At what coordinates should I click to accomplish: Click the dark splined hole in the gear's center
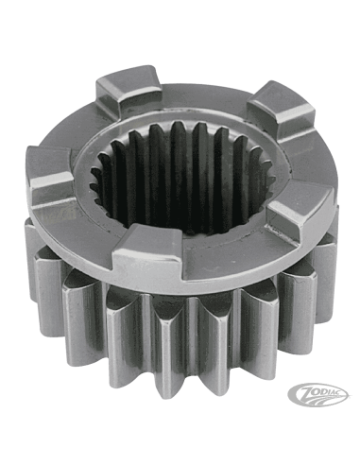(x=182, y=177)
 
